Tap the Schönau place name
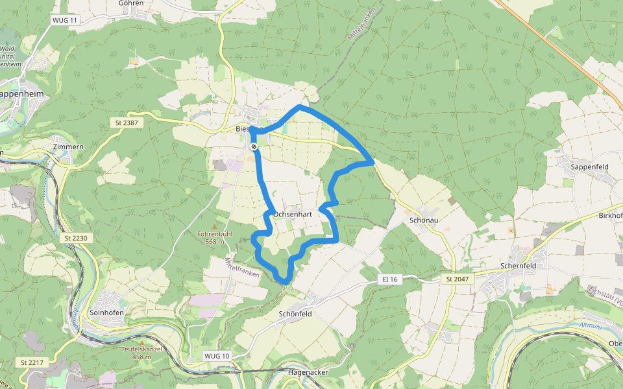click(425, 220)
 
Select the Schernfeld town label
click(522, 266)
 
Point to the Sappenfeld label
click(589, 167)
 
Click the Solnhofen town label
click(107, 312)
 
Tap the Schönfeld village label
click(295, 314)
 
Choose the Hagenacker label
click(308, 373)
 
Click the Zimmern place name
click(69, 147)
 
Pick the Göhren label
click(131, 3)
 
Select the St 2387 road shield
click(127, 123)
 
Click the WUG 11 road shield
click(64, 20)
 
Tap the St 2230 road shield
click(76, 239)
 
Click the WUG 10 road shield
click(217, 356)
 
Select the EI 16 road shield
click(390, 279)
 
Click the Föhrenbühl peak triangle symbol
click(215, 226)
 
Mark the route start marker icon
click(254, 147)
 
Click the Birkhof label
click(610, 215)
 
